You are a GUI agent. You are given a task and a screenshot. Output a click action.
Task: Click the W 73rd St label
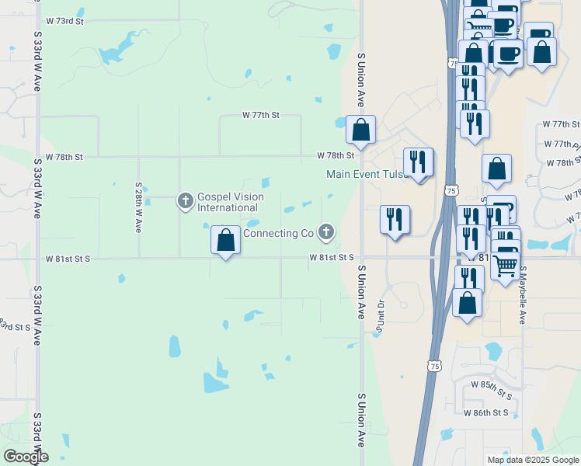64,20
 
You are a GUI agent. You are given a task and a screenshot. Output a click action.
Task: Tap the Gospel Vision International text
230,202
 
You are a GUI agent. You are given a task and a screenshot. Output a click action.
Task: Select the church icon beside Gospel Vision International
185,201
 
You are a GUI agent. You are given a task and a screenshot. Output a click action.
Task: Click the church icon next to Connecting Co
327,231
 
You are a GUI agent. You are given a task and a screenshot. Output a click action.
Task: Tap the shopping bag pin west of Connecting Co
225,240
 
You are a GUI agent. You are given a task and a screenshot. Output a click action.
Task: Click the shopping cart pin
506,266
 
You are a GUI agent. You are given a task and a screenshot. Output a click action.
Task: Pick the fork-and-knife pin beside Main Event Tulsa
419,162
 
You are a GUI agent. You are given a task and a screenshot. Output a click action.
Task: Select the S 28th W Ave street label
137,209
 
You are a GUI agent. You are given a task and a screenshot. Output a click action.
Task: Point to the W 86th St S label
485,412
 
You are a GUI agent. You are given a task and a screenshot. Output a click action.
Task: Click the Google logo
25,457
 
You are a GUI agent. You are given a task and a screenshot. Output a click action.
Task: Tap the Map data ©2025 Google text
531,460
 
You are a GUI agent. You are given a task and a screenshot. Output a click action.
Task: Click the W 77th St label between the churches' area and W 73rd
260,114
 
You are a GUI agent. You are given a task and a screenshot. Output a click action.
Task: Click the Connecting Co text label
278,233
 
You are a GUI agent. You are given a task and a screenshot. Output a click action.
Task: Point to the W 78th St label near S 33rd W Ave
64,156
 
